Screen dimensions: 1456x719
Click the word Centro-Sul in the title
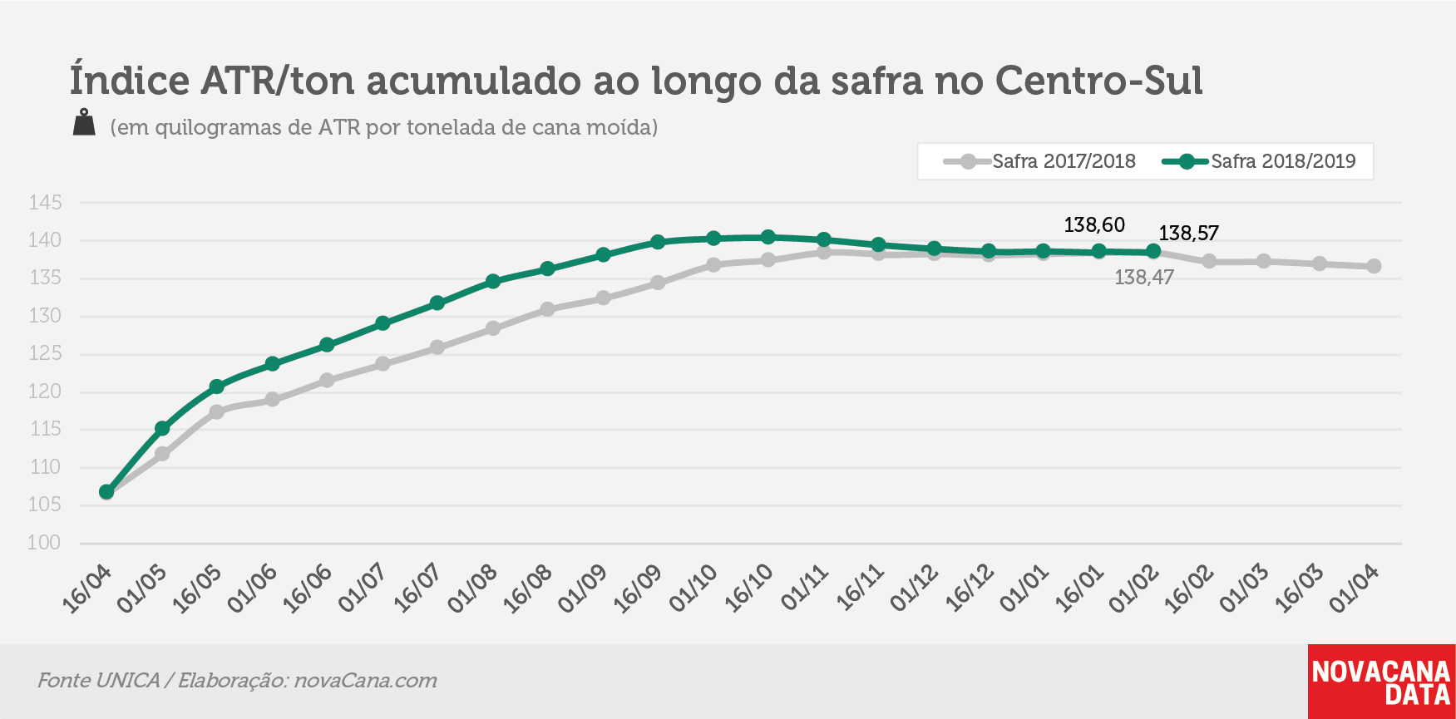pyautogui.click(x=1098, y=80)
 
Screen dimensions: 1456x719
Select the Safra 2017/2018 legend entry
pyautogui.click(x=1040, y=161)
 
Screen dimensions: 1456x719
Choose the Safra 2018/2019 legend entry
pyautogui.click(x=1259, y=161)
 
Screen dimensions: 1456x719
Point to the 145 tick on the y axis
pyautogui.click(x=45, y=203)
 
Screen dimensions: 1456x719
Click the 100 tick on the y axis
pyautogui.click(x=45, y=543)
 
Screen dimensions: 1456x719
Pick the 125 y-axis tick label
pyautogui.click(x=45, y=354)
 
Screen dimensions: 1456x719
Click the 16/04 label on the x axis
pyautogui.click(x=87, y=589)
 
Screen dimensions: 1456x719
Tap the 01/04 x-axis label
pyautogui.click(x=1355, y=589)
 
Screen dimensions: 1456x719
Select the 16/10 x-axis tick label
pyautogui.click(x=749, y=589)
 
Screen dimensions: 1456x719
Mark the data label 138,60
pyautogui.click(x=1094, y=224)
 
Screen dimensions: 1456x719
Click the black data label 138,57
pyautogui.click(x=1189, y=233)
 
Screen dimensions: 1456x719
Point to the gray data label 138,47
pyautogui.click(x=1144, y=278)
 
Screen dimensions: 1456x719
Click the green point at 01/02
pyautogui.click(x=1153, y=252)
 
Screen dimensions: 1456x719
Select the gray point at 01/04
pyautogui.click(x=1374, y=266)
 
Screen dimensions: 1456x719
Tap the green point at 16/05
pyautogui.click(x=217, y=387)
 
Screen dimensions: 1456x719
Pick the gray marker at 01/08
pyautogui.click(x=493, y=328)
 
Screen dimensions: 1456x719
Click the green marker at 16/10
pyautogui.click(x=768, y=238)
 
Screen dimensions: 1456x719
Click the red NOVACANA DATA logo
pyautogui.click(x=1381, y=682)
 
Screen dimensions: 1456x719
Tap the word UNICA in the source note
pyautogui.click(x=128, y=680)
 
